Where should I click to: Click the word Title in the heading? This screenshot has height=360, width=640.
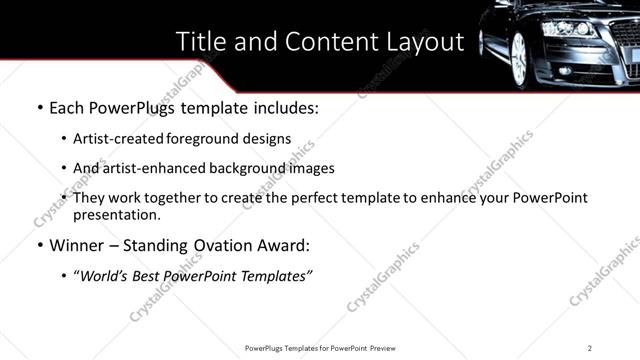coord(200,41)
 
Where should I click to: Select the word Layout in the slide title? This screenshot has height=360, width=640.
coord(428,41)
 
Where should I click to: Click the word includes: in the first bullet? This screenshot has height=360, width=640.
coord(283,107)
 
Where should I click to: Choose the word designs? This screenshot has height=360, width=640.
coord(269,139)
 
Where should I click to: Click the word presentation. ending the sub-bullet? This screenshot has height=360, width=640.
coord(116,214)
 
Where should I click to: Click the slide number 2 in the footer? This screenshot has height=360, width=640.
coord(590,348)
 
